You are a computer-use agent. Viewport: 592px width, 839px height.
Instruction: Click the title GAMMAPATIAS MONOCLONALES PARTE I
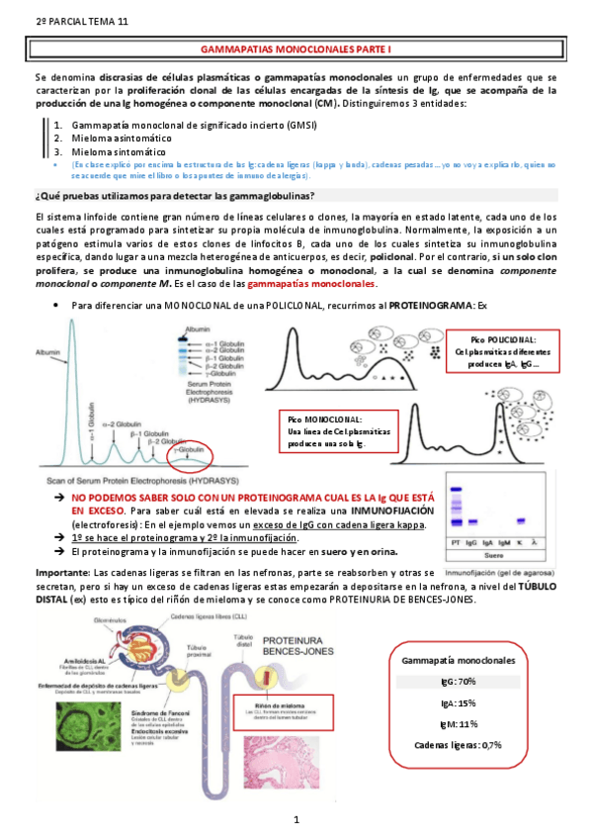tap(296, 47)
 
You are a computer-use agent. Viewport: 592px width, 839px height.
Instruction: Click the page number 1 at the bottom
tap(296, 820)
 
